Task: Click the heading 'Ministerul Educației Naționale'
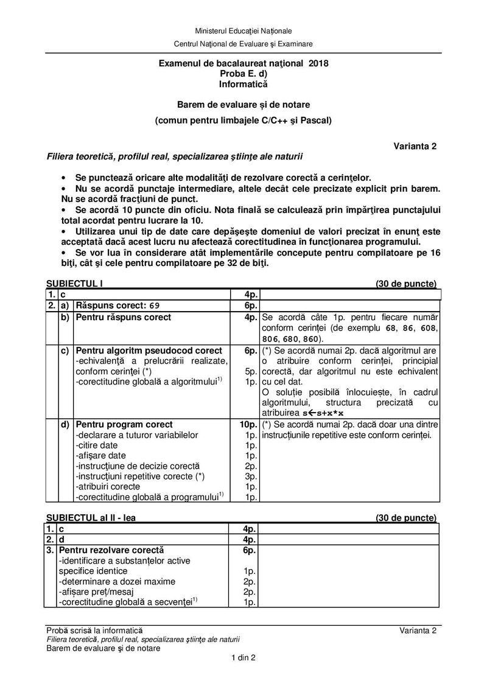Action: [x=243, y=30]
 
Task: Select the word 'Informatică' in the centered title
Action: [x=243, y=84]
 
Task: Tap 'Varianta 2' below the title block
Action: [x=416, y=146]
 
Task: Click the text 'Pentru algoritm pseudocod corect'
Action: [x=149, y=351]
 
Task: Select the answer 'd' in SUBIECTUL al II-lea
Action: [x=61, y=540]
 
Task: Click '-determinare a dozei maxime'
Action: [x=117, y=581]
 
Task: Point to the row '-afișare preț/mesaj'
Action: [x=105, y=592]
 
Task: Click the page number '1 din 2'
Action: [x=243, y=657]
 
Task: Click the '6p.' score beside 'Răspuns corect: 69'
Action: [x=250, y=306]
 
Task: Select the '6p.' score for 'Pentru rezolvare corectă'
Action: [x=250, y=550]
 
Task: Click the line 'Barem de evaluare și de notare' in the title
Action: [x=243, y=104]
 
